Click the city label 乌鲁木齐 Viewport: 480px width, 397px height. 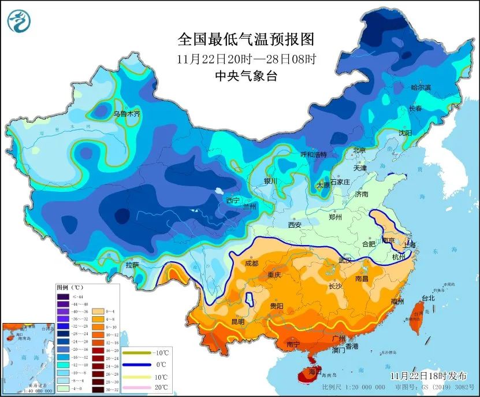(x=126, y=114)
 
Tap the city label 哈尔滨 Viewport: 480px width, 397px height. (x=421, y=87)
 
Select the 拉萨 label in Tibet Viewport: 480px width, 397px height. (x=132, y=265)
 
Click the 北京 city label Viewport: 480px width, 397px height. (x=359, y=150)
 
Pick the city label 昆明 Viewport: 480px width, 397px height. (x=238, y=321)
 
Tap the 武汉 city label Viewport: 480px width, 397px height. (x=345, y=261)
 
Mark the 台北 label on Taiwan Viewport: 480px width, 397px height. (x=428, y=298)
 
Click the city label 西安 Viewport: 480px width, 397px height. (x=295, y=225)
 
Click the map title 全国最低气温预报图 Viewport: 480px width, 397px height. (x=246, y=39)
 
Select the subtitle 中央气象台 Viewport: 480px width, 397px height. (x=246, y=76)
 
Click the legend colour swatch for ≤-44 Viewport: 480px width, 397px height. (x=62, y=297)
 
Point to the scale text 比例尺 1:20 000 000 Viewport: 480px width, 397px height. (x=354, y=387)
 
